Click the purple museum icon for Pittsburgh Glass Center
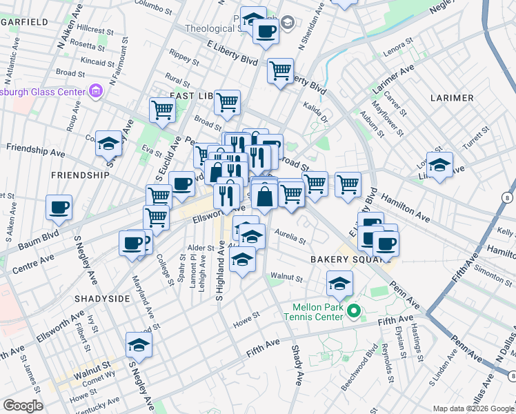point(95,91)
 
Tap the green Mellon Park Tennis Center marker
point(354,312)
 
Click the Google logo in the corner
point(23,406)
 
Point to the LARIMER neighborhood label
point(452,98)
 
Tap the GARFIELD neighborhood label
point(24,22)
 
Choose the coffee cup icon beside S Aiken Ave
point(59,207)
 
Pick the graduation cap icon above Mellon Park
point(339,283)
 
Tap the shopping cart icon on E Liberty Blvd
point(280,70)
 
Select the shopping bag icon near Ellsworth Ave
point(264,196)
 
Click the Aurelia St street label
point(290,241)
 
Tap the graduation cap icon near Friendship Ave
point(109,144)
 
